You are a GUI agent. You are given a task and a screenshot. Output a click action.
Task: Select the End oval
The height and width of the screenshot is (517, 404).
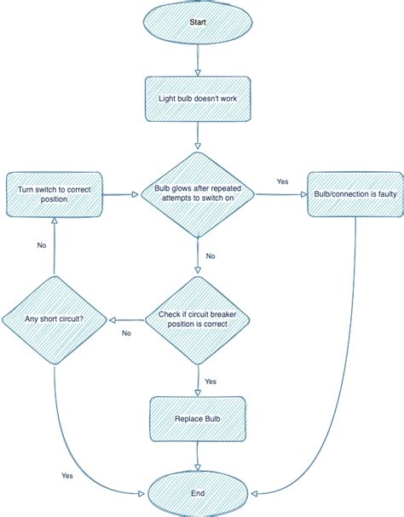click(x=198, y=492)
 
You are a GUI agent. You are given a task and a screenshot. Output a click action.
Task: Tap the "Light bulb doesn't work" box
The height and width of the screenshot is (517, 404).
click(x=198, y=98)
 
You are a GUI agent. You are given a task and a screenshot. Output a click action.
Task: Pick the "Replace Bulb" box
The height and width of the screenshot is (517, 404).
click(x=198, y=420)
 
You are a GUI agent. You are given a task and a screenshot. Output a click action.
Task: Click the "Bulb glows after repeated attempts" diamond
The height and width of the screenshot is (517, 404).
click(x=198, y=193)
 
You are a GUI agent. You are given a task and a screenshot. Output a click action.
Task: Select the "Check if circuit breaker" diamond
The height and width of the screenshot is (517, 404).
click(x=198, y=320)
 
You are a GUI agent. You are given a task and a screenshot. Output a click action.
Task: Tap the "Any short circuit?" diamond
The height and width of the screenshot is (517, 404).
click(x=55, y=320)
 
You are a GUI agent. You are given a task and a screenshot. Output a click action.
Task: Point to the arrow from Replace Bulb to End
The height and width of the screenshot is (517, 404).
click(x=198, y=457)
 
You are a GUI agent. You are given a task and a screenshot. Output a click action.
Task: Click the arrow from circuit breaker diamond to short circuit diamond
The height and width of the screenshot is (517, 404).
click(x=128, y=320)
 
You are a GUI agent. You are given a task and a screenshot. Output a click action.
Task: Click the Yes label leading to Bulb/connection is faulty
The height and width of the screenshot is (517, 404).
click(x=282, y=181)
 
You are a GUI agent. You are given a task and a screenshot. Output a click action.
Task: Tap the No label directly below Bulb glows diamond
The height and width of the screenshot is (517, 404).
click(x=211, y=256)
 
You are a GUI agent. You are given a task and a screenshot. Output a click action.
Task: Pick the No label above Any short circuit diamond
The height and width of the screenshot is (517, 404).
click(x=41, y=245)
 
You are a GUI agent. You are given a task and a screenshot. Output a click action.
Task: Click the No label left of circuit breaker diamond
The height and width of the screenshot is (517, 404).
click(x=126, y=333)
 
